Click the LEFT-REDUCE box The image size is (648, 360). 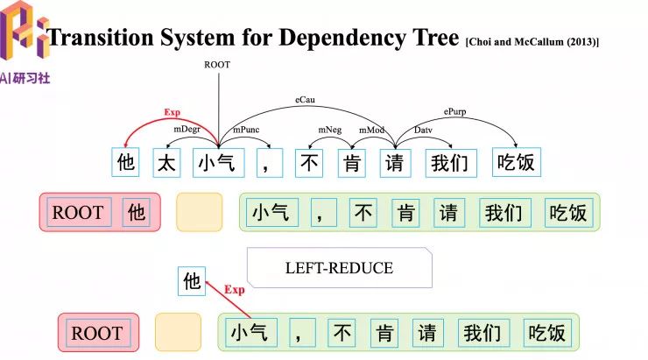[339, 268]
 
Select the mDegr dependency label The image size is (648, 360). [186, 129]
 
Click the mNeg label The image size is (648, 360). [330, 129]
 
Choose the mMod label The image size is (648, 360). [371, 130]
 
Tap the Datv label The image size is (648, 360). [424, 130]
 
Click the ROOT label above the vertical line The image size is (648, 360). [217, 65]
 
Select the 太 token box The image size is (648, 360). [167, 162]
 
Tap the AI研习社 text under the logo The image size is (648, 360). [26, 77]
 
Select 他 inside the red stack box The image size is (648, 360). [136, 213]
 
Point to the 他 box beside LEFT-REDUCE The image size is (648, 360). [191, 281]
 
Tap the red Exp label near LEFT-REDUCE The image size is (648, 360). [234, 290]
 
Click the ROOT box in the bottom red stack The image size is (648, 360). [96, 333]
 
